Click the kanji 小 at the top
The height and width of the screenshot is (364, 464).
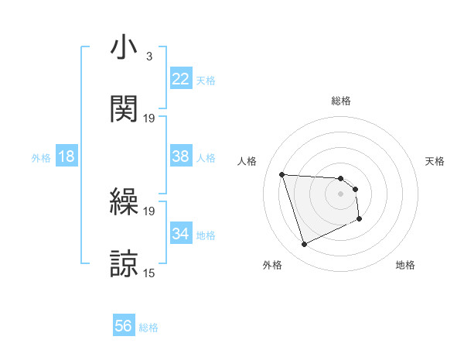point(124,48)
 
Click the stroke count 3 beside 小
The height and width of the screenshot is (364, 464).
point(148,57)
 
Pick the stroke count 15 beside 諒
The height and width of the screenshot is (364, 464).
point(149,273)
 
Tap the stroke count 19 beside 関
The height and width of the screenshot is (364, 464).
point(149,118)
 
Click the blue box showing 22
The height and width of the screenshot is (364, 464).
point(181,79)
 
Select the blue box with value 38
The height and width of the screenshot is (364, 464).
point(181,156)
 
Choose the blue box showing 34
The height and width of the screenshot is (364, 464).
point(181,234)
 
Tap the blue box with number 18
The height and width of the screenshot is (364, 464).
point(67,156)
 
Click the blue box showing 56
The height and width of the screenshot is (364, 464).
point(124,326)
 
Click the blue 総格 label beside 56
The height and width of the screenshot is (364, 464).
point(148,328)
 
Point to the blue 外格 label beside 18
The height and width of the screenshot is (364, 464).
point(41,158)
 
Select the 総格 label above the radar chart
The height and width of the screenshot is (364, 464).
point(341,101)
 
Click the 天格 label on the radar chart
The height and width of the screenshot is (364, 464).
point(435,161)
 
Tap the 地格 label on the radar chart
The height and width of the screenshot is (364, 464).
point(405,265)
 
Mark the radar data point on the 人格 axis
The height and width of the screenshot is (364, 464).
point(282,174)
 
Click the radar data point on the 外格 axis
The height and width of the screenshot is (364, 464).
point(304,245)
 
